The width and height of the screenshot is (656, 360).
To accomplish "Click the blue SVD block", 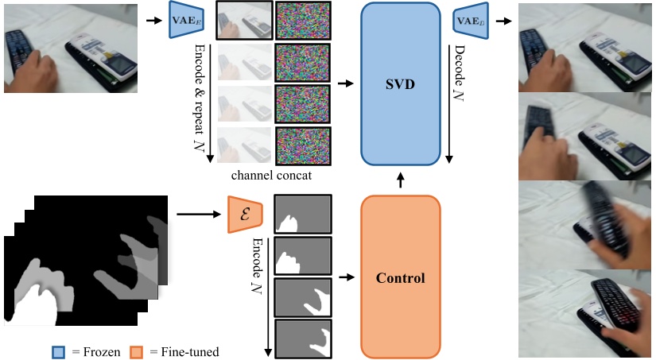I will tap(400, 83).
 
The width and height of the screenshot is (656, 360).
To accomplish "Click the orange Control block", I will tap(400, 277).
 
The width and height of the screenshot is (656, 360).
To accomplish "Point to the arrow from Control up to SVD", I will tap(400, 180).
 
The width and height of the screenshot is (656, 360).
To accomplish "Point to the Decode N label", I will tap(460, 79).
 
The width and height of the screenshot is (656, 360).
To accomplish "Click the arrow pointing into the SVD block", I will tap(346, 83).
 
